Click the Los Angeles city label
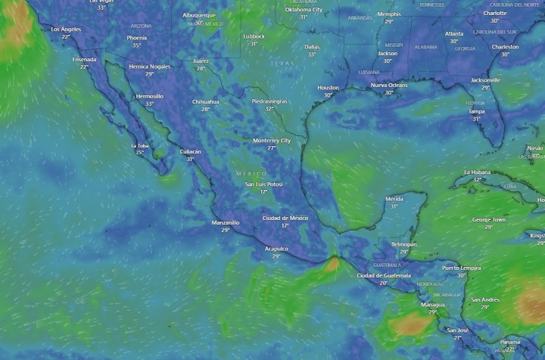[x=65, y=29]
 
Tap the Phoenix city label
[x=137, y=38]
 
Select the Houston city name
[x=328, y=88]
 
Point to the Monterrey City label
[x=272, y=141]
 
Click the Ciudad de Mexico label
[x=285, y=218]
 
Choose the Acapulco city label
[x=276, y=249]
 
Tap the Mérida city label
[x=394, y=199]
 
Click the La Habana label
[x=477, y=172]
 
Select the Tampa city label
[x=476, y=111]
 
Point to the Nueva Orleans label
[x=388, y=85]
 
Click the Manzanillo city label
[x=226, y=222]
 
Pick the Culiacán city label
[x=190, y=151]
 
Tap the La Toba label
[x=139, y=145]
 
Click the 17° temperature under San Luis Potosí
[x=264, y=191]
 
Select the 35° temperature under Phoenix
[x=137, y=45]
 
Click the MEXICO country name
[x=251, y=174]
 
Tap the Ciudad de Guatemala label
[x=383, y=275]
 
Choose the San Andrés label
[x=485, y=299]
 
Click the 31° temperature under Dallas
[x=311, y=54]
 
